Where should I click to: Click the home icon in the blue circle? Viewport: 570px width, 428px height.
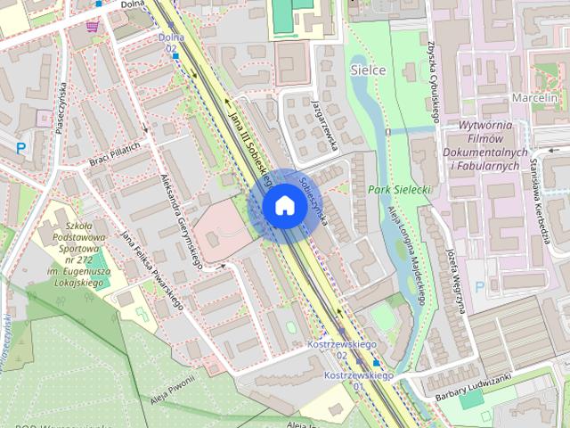(x=284, y=205)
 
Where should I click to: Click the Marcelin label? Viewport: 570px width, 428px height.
(x=534, y=96)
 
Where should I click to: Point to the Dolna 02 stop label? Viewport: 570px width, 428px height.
(x=171, y=42)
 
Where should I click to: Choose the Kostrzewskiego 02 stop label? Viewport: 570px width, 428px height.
(x=338, y=349)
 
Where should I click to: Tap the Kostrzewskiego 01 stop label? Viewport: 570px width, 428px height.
(x=359, y=382)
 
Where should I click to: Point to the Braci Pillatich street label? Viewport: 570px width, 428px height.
(x=115, y=155)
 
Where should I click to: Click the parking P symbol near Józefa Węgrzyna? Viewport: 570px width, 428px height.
(x=481, y=287)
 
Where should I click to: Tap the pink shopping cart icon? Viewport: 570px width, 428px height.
(x=93, y=27)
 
